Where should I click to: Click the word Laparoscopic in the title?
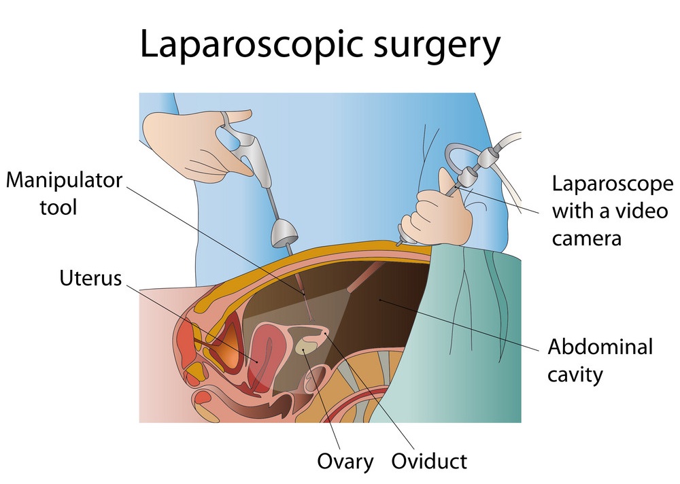(x=252, y=45)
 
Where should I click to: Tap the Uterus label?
(x=90, y=279)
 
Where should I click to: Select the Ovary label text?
(x=345, y=462)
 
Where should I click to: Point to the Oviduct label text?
(x=429, y=461)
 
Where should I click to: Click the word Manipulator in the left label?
(x=64, y=181)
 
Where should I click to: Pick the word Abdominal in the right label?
(x=600, y=347)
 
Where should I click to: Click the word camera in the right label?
(x=586, y=239)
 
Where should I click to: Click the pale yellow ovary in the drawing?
(x=307, y=346)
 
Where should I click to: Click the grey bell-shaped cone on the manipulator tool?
(x=284, y=232)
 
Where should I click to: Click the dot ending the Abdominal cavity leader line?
(x=380, y=299)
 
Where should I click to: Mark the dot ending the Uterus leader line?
(x=256, y=361)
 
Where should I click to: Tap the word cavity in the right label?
(x=575, y=375)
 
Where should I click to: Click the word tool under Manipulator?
(x=58, y=207)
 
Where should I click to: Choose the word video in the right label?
(x=643, y=211)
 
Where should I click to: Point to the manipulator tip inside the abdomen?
(x=311, y=319)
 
